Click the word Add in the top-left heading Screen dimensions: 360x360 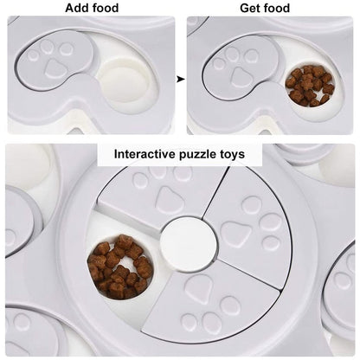click(76, 8)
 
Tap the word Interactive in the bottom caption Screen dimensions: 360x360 click(145, 154)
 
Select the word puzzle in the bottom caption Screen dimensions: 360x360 click(196, 155)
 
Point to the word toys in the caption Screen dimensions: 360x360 click(231, 155)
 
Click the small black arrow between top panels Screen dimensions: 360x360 click(181, 79)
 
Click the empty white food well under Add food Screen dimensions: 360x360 click(125, 80)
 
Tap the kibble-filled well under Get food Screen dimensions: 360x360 click(310, 86)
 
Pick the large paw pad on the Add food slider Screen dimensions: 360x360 click(54, 67)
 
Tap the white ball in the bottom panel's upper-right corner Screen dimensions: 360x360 click(337, 171)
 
